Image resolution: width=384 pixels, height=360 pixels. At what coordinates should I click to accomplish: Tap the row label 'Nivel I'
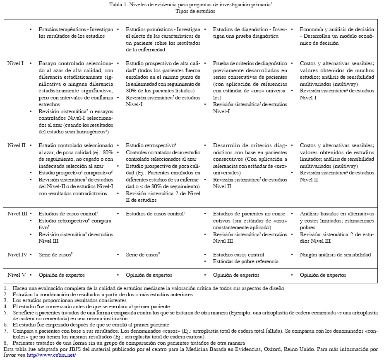(16, 63)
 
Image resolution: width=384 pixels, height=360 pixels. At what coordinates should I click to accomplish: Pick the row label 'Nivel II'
(17, 146)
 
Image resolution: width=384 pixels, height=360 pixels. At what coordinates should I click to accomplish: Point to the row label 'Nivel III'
(17, 214)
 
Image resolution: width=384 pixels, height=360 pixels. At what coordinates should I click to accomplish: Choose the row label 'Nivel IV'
(17, 255)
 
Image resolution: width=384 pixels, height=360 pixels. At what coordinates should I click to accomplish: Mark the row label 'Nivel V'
(16, 275)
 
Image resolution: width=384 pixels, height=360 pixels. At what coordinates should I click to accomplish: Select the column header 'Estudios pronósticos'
(150, 30)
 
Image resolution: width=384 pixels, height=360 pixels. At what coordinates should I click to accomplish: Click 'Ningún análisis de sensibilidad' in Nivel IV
(335, 255)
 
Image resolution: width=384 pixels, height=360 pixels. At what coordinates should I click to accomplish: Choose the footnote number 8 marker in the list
(5, 343)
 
